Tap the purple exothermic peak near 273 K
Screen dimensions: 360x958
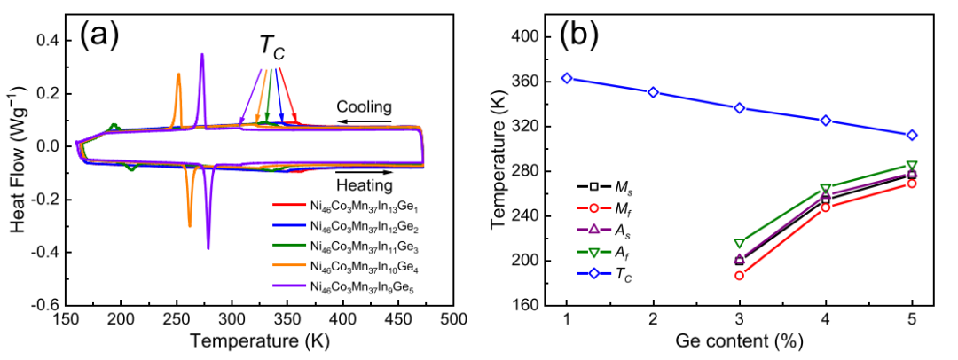202,56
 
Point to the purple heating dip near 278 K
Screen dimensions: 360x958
208,247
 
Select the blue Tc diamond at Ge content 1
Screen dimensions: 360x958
567,78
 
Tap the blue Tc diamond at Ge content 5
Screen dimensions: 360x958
912,135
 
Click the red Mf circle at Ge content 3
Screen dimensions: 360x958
739,275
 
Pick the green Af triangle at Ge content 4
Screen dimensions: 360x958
826,189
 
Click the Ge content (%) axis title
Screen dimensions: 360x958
740,341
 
